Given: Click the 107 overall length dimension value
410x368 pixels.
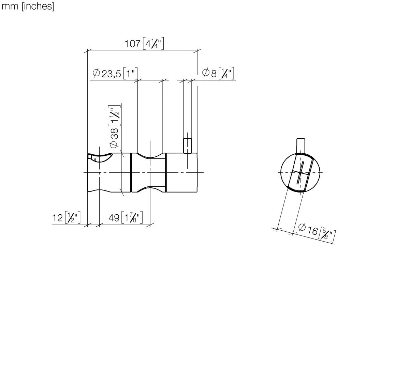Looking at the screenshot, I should (x=133, y=44).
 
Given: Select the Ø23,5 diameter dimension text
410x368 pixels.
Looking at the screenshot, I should (x=107, y=74).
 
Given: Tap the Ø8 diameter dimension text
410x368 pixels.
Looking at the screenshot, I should (x=209, y=73).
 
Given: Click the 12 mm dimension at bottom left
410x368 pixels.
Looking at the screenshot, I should (x=57, y=218).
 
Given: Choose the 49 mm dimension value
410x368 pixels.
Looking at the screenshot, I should (x=114, y=218).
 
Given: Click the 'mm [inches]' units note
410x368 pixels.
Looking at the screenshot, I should (x=28, y=6).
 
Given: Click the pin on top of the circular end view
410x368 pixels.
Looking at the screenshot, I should (x=301, y=145).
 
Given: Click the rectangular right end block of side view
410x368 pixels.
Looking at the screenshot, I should (x=181, y=173).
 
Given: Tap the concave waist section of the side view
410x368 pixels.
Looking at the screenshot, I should (x=148, y=173).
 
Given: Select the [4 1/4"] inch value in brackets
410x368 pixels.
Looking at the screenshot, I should (x=153, y=44).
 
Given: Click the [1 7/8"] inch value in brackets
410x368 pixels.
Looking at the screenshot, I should (x=132, y=218).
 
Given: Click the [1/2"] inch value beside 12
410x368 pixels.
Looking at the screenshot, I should (x=72, y=218).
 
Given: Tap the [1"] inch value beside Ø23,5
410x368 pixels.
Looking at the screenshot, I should (x=130, y=74).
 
